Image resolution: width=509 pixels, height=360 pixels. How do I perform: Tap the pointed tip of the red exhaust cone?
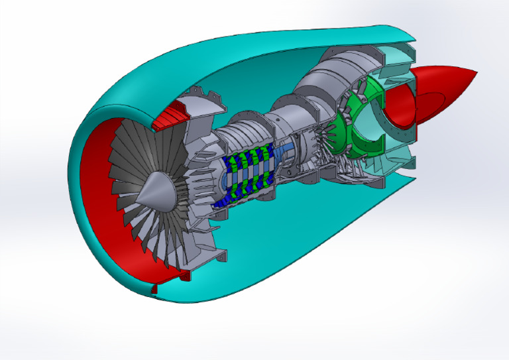[x=476, y=71]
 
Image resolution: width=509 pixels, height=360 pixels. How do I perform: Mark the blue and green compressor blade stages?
[x=249, y=174]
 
